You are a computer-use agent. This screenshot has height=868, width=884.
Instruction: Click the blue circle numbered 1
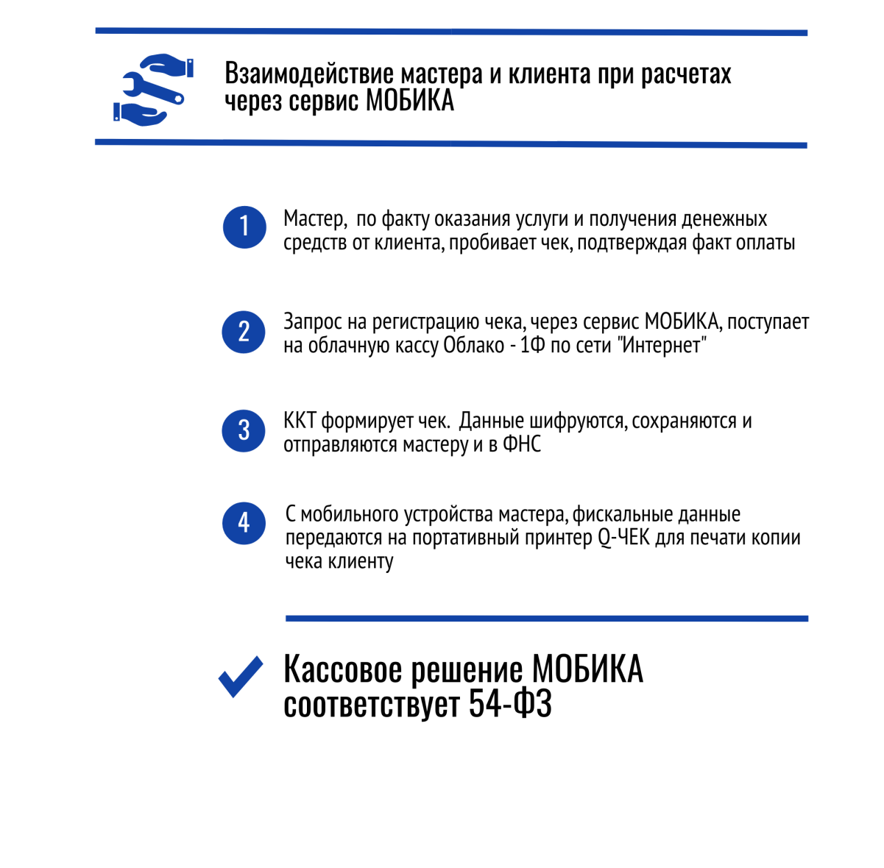[x=244, y=227]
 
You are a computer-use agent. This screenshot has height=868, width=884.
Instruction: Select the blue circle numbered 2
[x=243, y=332]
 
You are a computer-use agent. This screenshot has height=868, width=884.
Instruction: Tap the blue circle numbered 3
[x=243, y=430]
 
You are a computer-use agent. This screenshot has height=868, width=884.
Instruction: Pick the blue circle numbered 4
[x=244, y=523]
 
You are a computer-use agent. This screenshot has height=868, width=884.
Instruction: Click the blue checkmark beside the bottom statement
[x=241, y=677]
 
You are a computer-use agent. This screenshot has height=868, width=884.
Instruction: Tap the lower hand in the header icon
[x=140, y=115]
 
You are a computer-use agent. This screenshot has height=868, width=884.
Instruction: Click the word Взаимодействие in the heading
[x=309, y=74]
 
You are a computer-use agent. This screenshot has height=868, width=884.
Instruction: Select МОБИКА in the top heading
[x=410, y=101]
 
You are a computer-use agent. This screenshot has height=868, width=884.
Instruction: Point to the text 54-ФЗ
[x=509, y=704]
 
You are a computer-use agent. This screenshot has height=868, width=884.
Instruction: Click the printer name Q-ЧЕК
[x=623, y=538]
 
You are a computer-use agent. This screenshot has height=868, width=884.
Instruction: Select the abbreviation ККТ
[x=300, y=421]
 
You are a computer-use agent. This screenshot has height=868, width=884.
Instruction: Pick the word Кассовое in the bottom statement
[x=343, y=670]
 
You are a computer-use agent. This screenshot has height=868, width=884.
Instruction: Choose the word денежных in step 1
[x=724, y=219]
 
